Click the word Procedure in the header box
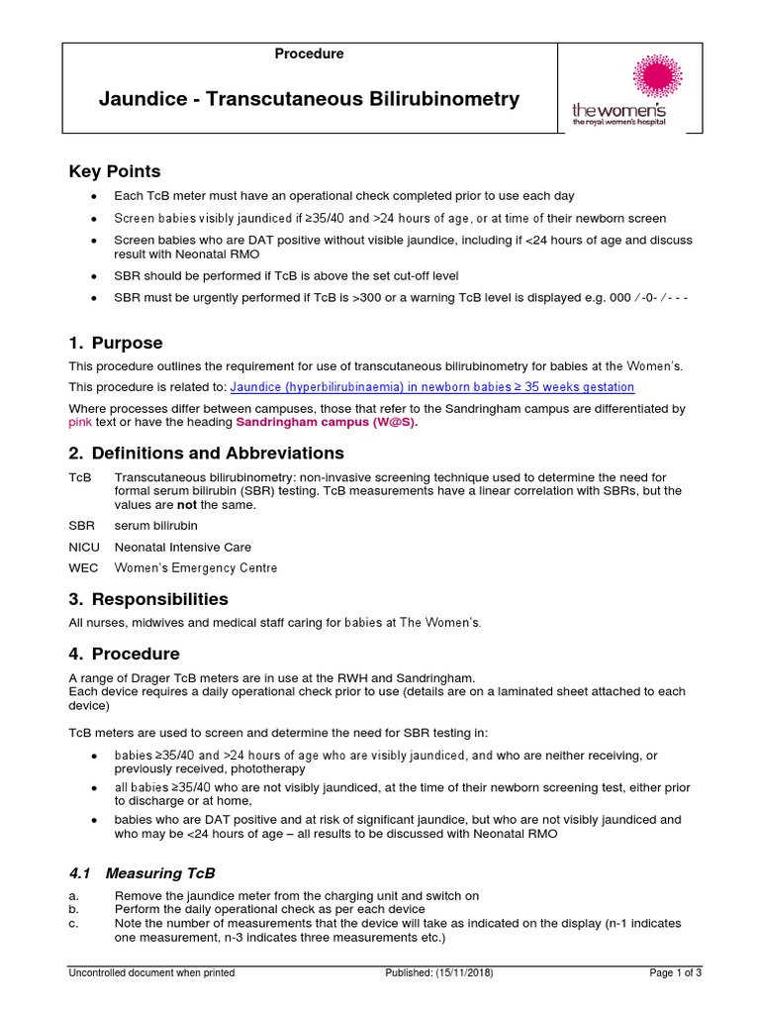coord(310,54)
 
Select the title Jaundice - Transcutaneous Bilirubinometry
coord(309,99)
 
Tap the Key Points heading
coord(114,171)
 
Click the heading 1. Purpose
coord(116,344)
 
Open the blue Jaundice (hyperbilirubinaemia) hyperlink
coord(432,387)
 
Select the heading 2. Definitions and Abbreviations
coord(206,454)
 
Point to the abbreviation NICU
coord(84,547)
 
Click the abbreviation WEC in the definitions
coord(83,568)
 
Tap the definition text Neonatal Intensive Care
coord(183,547)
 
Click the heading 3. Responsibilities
coord(148,599)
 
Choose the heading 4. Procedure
coord(124,654)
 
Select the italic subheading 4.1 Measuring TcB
coord(142,873)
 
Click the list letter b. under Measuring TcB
coord(73,909)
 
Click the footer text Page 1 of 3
coord(675,973)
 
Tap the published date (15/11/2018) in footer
coord(438,973)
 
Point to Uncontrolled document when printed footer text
coord(151,973)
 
